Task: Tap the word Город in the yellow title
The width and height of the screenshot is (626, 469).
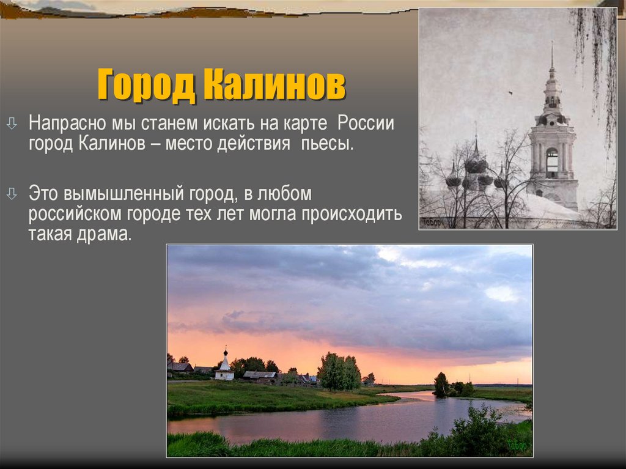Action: (146, 86)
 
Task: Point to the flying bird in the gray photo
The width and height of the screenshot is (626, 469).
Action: (509, 93)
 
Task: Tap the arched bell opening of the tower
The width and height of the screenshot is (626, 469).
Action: (552, 161)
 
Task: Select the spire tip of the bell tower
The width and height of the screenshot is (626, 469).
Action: (551, 48)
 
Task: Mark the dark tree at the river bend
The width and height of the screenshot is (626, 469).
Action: (441, 385)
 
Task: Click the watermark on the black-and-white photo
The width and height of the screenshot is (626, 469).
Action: (432, 223)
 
